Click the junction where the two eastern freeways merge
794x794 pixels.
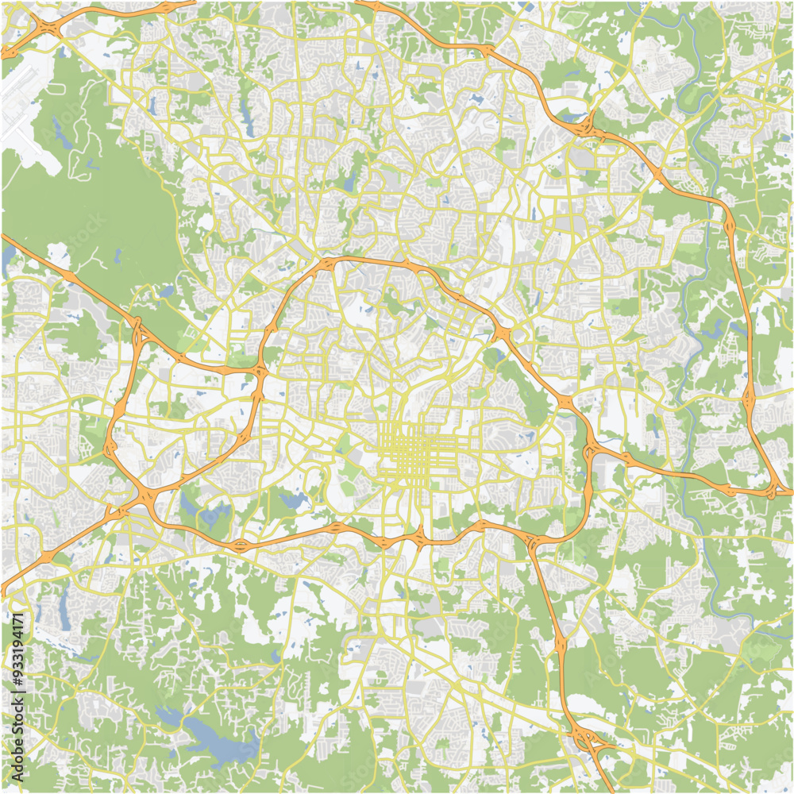click(774, 492)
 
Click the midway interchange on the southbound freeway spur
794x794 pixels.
click(561, 635)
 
